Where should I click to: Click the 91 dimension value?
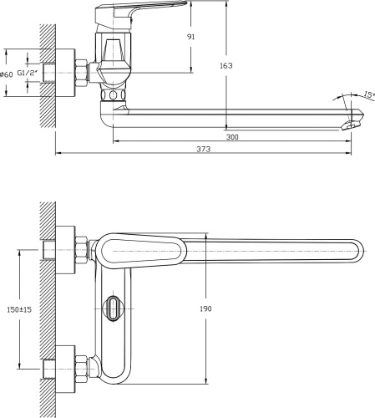191,37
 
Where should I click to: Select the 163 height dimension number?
226,65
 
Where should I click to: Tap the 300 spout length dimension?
232,137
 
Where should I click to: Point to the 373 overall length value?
204,149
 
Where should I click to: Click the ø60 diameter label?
7,74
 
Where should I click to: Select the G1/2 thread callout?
28,73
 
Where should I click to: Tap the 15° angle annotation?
369,94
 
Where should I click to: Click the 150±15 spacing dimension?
19,309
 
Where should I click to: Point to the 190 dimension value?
205,308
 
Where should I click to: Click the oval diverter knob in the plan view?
113,309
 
